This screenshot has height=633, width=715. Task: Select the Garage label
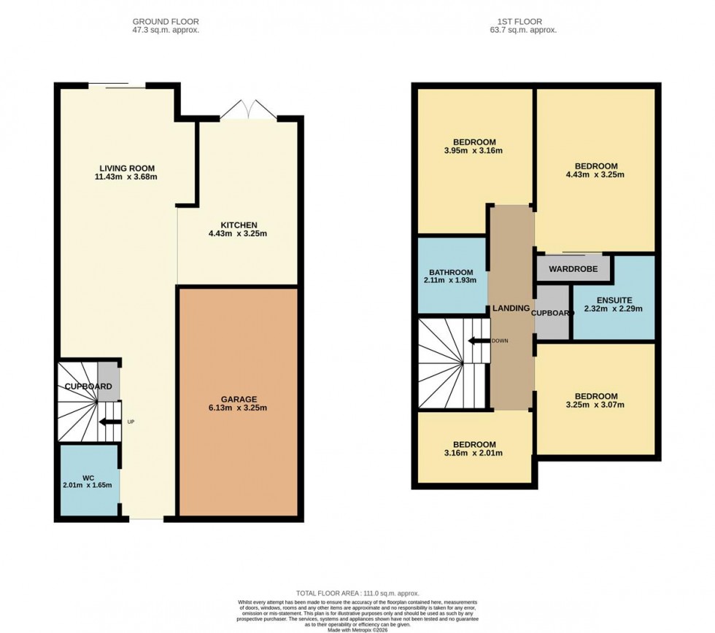pos(239,398)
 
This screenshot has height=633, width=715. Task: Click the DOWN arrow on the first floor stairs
pos(479,341)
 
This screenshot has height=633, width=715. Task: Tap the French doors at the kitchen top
pos(248,111)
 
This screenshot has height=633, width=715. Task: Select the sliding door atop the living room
pos(117,86)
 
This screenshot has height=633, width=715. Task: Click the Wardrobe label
pos(573,269)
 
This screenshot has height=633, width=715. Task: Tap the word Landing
pos(511,308)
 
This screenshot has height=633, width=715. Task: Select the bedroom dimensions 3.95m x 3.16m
pos(474,151)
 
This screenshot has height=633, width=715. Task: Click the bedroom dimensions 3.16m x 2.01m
pos(474,453)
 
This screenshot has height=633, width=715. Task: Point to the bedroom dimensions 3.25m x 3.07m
pos(595,405)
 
